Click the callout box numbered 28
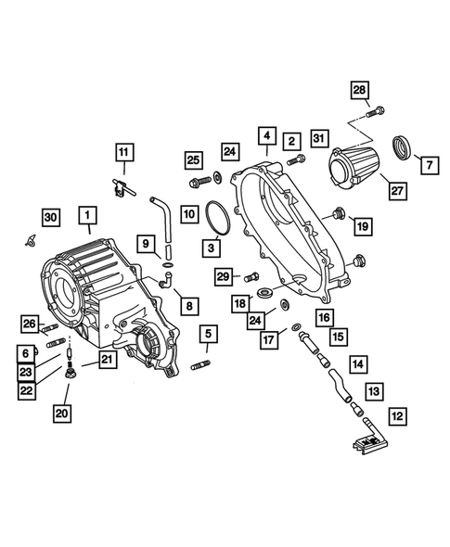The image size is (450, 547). coord(359,90)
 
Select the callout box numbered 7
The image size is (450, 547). coord(431,164)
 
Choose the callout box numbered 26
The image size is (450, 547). coord(29,323)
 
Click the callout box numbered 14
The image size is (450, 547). coord(357,365)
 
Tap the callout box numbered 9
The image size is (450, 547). coord(148,244)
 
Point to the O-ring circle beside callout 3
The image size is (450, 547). coord(218,224)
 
